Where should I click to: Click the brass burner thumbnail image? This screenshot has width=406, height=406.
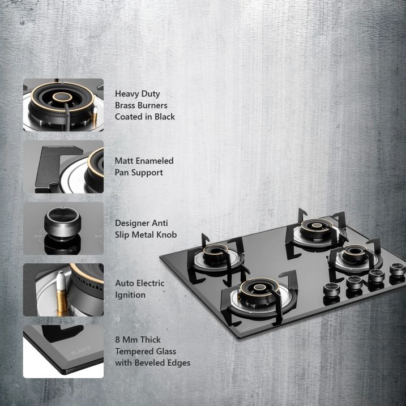(63, 105)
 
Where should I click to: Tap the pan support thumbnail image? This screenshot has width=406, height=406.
(63, 166)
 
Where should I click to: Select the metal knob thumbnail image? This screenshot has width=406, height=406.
(63, 229)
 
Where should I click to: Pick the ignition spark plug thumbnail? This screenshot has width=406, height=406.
(63, 290)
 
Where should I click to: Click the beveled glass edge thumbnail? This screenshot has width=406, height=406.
(63, 351)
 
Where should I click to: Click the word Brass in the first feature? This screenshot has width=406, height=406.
(127, 105)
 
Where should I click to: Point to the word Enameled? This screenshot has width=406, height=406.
(154, 161)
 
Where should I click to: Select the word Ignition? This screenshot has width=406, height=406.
(130, 295)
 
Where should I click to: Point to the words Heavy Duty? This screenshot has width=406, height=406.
(138, 94)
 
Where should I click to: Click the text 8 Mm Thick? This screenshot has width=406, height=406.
(138, 340)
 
